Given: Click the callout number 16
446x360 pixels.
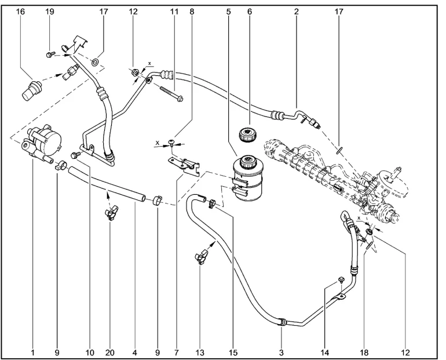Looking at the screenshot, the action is (x=20, y=12).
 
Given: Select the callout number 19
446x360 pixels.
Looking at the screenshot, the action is (x=50, y=12).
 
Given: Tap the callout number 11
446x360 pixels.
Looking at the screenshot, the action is (x=174, y=12).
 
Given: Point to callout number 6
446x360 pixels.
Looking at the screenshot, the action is (x=250, y=12).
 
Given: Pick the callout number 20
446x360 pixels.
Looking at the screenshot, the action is (x=110, y=352).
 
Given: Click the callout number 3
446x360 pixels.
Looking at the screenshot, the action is (x=282, y=352).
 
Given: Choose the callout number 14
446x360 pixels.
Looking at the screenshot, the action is (x=325, y=352).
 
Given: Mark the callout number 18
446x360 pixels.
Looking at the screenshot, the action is (x=364, y=352).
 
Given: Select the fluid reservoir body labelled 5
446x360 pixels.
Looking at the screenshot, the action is (x=247, y=178).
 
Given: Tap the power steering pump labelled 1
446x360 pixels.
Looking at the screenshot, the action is (x=42, y=142).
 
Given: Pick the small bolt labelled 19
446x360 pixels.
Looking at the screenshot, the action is (x=50, y=54).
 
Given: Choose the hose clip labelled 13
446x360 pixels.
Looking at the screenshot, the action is (x=201, y=256).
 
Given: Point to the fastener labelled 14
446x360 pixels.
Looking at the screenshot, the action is (x=341, y=280).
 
